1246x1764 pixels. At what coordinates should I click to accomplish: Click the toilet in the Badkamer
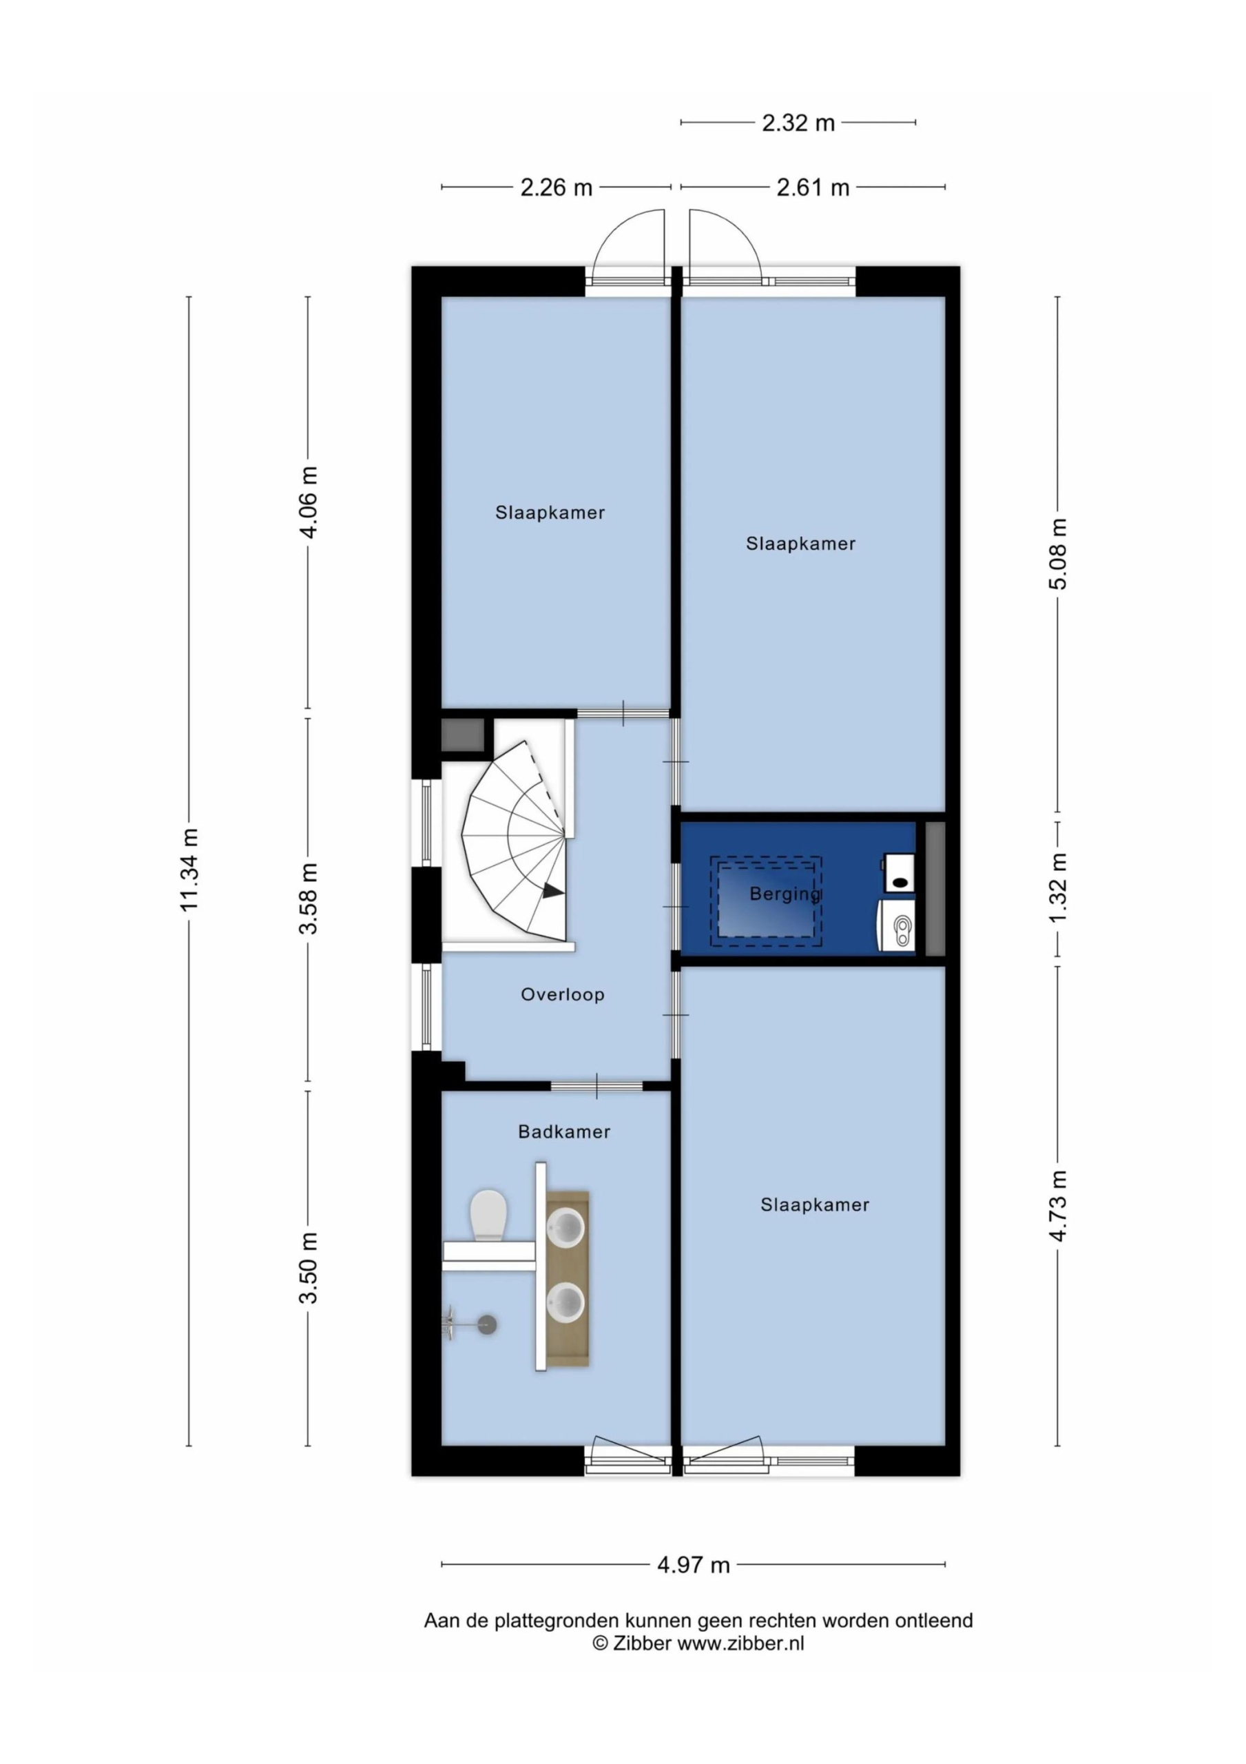488,1215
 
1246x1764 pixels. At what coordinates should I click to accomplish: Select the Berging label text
785,894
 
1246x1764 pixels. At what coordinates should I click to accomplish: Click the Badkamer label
564,1131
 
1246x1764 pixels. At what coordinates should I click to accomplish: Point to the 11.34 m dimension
189,870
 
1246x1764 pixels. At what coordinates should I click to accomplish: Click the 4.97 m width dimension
693,1565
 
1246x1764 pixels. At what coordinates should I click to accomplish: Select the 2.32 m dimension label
798,123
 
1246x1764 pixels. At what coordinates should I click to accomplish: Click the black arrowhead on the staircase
553,891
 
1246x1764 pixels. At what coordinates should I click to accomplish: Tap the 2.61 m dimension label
813,187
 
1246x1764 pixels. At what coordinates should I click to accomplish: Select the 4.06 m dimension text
308,502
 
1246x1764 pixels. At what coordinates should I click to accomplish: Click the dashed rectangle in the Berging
766,901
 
